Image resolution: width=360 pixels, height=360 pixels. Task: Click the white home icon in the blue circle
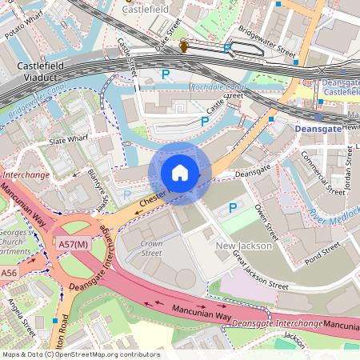(180, 172)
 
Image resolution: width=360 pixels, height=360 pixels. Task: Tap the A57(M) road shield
(73, 242)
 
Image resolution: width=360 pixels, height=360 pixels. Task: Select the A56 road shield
(9, 274)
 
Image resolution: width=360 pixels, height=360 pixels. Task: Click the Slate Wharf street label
(69, 140)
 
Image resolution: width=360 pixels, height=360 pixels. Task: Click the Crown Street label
(151, 247)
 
